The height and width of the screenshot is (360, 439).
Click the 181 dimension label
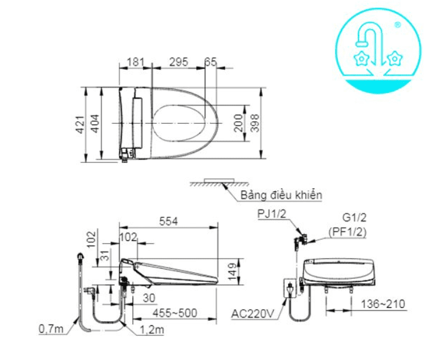(135, 62)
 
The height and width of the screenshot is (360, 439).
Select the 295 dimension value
(179, 62)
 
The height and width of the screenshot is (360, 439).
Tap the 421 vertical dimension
(80, 124)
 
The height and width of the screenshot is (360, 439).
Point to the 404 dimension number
(95, 124)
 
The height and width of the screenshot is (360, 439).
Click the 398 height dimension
(255, 123)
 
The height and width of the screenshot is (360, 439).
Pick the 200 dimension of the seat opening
(238, 123)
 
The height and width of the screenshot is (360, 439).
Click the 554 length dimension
(168, 221)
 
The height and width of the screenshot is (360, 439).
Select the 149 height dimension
(233, 271)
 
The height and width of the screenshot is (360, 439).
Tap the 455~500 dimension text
(175, 313)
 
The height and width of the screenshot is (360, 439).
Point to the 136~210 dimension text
(383, 304)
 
